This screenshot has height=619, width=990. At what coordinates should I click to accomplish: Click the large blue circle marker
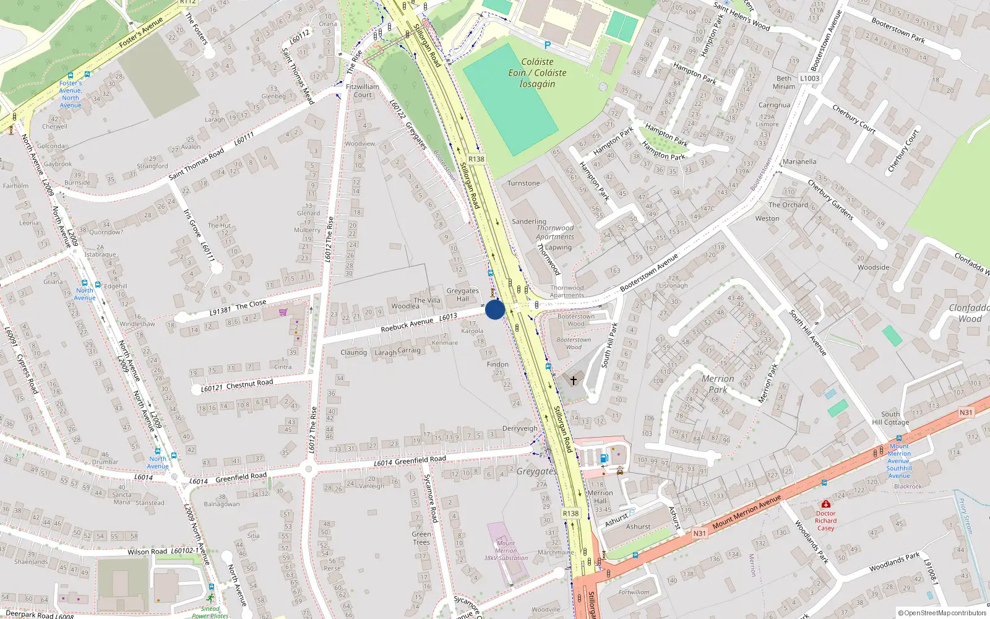click(495, 309)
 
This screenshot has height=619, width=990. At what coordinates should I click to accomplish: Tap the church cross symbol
click(574, 380)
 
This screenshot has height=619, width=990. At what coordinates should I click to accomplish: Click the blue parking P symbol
click(547, 45)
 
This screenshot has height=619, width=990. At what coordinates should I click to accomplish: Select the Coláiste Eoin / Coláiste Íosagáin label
click(537, 73)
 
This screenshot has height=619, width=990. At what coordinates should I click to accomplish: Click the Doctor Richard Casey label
click(825, 521)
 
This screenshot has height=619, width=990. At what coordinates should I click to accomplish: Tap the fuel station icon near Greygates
click(604, 458)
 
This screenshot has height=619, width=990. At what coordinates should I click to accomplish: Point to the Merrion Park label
click(718, 384)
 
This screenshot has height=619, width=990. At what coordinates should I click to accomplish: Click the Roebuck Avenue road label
click(407, 324)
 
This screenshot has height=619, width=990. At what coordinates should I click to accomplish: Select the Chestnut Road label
click(249, 384)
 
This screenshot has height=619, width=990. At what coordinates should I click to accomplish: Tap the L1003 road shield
click(809, 78)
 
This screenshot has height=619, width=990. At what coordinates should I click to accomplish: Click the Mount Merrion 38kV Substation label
click(506, 550)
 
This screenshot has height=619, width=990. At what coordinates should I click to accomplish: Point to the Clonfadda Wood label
click(970, 313)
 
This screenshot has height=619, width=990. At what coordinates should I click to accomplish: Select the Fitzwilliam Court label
click(363, 91)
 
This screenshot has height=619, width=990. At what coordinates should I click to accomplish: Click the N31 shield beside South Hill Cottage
click(966, 412)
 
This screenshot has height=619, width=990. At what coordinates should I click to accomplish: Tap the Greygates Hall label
click(463, 295)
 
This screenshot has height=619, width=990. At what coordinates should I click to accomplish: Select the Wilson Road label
click(147, 552)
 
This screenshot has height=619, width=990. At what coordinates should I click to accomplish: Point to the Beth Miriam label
click(784, 82)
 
